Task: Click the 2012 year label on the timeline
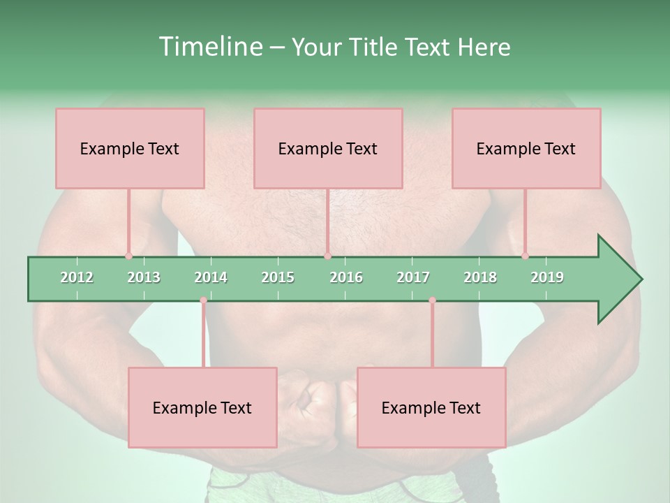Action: tap(77, 277)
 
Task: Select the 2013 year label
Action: tap(144, 277)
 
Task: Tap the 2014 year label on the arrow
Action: tap(211, 277)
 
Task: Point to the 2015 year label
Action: tap(278, 277)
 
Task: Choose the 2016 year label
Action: tap(346, 277)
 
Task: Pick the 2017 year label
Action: tap(413, 277)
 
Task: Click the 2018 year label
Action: tap(480, 277)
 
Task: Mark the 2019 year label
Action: tap(547, 277)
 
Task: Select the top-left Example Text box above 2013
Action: tap(130, 148)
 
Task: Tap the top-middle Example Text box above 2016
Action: tap(328, 148)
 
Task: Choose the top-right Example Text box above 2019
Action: tap(526, 148)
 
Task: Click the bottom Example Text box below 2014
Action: tap(202, 407)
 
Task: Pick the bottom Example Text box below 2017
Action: tap(431, 407)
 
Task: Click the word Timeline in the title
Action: tap(209, 47)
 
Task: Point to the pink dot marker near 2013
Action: tap(128, 256)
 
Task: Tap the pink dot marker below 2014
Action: tap(203, 300)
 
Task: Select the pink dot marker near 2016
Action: tap(327, 256)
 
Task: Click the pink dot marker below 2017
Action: tap(432, 300)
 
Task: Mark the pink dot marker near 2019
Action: tap(525, 256)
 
